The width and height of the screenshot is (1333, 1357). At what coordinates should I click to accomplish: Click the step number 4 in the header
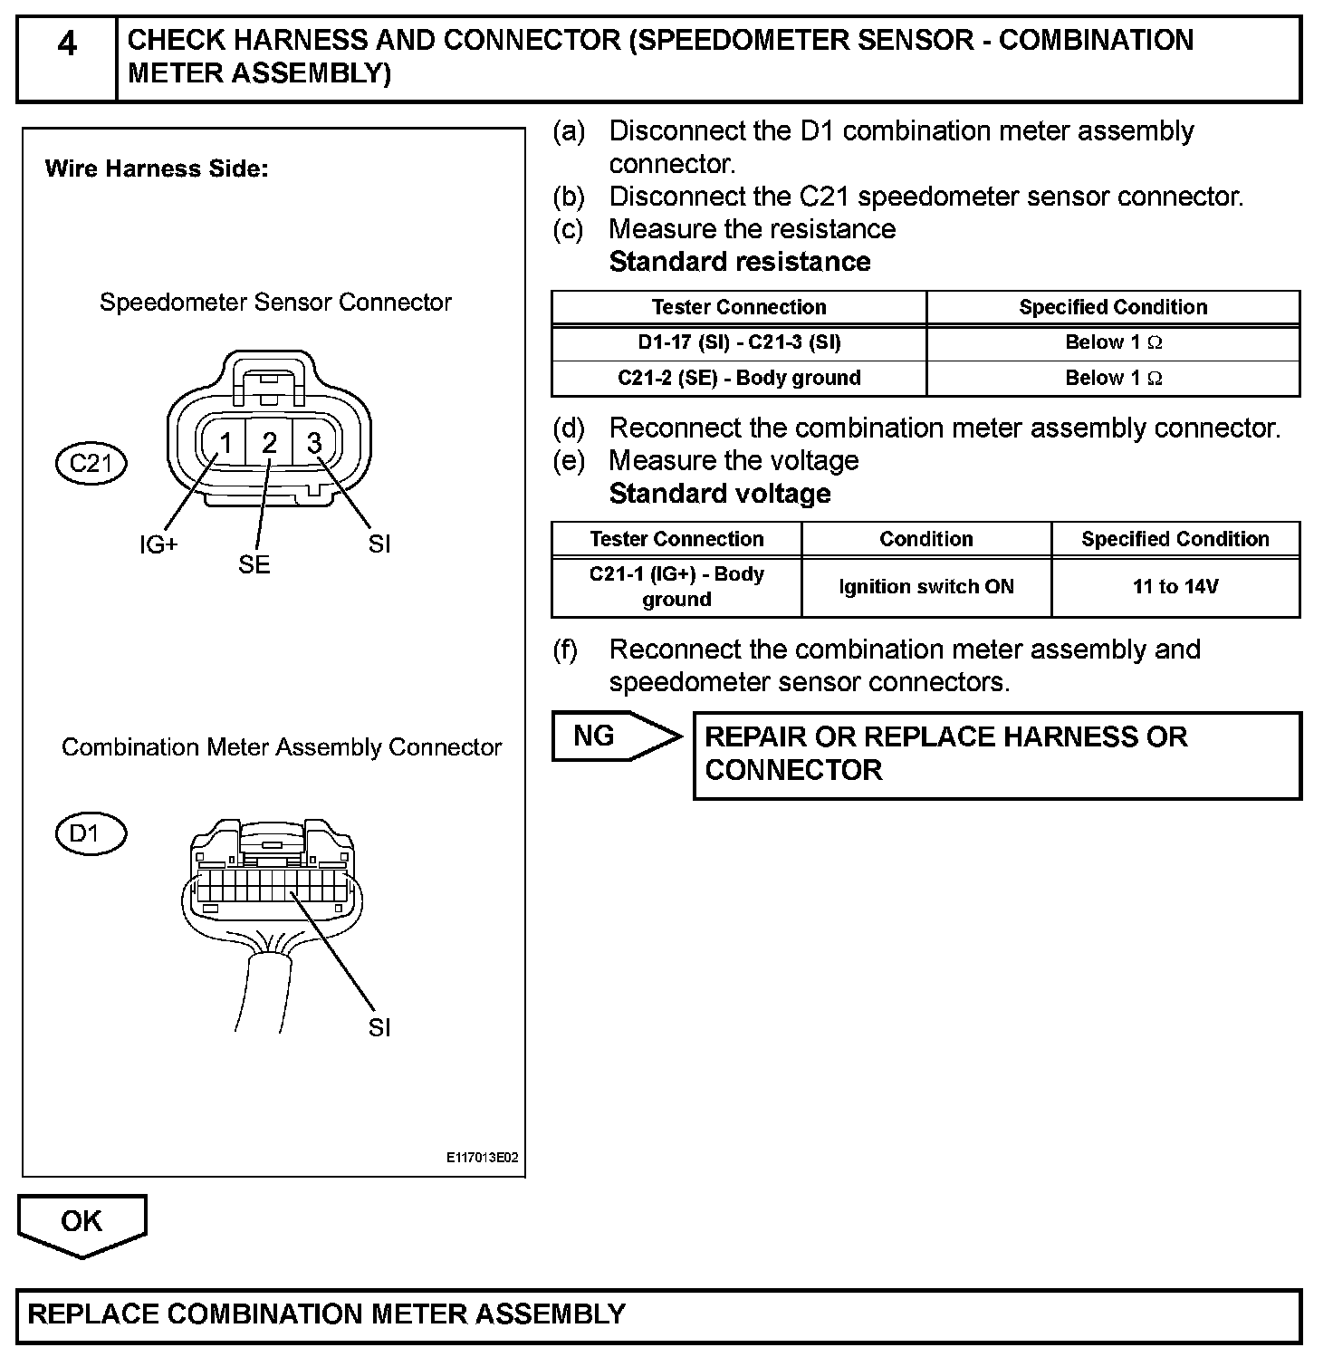67,43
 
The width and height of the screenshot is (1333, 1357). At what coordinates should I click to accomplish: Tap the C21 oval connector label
91,464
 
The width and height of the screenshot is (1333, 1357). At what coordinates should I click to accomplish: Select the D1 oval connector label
91,832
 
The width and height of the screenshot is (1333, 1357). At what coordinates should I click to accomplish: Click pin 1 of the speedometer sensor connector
226,443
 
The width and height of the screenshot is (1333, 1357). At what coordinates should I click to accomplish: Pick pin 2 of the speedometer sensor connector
270,443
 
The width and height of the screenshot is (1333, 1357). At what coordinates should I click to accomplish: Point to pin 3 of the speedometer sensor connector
314,443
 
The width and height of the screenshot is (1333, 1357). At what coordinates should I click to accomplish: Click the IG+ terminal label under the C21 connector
158,544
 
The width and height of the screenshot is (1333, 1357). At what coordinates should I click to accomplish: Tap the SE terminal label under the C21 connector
254,564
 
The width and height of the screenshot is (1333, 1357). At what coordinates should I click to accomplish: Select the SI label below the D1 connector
379,1027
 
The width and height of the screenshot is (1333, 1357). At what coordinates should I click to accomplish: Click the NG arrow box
607,736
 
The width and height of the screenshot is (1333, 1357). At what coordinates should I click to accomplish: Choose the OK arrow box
82,1222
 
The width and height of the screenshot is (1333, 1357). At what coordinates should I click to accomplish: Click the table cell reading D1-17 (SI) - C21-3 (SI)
739,342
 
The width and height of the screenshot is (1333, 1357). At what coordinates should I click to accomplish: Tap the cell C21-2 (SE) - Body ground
739,378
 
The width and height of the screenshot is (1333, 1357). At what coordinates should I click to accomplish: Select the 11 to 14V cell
1175,587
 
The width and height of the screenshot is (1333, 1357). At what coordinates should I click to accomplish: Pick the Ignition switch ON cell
926,587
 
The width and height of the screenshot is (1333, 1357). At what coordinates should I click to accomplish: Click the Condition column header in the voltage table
926,539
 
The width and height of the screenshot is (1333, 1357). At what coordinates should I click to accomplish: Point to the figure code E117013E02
482,1158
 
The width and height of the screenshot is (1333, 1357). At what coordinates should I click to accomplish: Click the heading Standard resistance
740,262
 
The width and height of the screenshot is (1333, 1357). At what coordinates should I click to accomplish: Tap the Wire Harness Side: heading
157,168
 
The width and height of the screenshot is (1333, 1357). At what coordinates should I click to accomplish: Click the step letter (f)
566,650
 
